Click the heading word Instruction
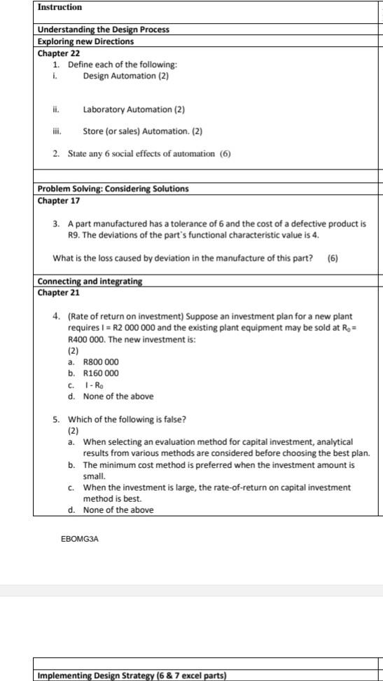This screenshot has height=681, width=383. [x=60, y=7]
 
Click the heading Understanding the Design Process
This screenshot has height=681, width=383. [x=103, y=29]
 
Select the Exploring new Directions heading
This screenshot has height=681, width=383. [x=85, y=41]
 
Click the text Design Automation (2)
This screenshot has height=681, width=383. [x=125, y=76]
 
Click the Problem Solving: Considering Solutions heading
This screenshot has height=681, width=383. [x=113, y=188]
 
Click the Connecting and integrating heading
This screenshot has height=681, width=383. [x=90, y=281]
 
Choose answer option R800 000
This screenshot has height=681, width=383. [x=101, y=362]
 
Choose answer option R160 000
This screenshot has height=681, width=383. [x=101, y=373]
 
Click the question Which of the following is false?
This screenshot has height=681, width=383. [x=127, y=419]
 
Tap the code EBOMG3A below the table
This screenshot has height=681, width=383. [x=78, y=539]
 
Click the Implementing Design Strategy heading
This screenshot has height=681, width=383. [x=132, y=675]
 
